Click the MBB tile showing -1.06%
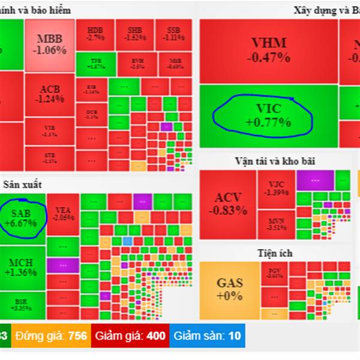click(x=50, y=45)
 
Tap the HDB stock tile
click(x=95, y=34)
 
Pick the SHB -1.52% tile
click(x=134, y=34)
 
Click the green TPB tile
click(x=95, y=64)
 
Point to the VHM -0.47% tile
click(x=268, y=51)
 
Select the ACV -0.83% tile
click(x=227, y=205)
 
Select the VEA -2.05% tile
click(x=63, y=214)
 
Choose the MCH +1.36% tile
click(x=23, y=267)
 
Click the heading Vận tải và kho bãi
click(x=275, y=161)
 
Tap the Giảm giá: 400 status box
click(x=130, y=335)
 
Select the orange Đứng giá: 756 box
click(x=50, y=335)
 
